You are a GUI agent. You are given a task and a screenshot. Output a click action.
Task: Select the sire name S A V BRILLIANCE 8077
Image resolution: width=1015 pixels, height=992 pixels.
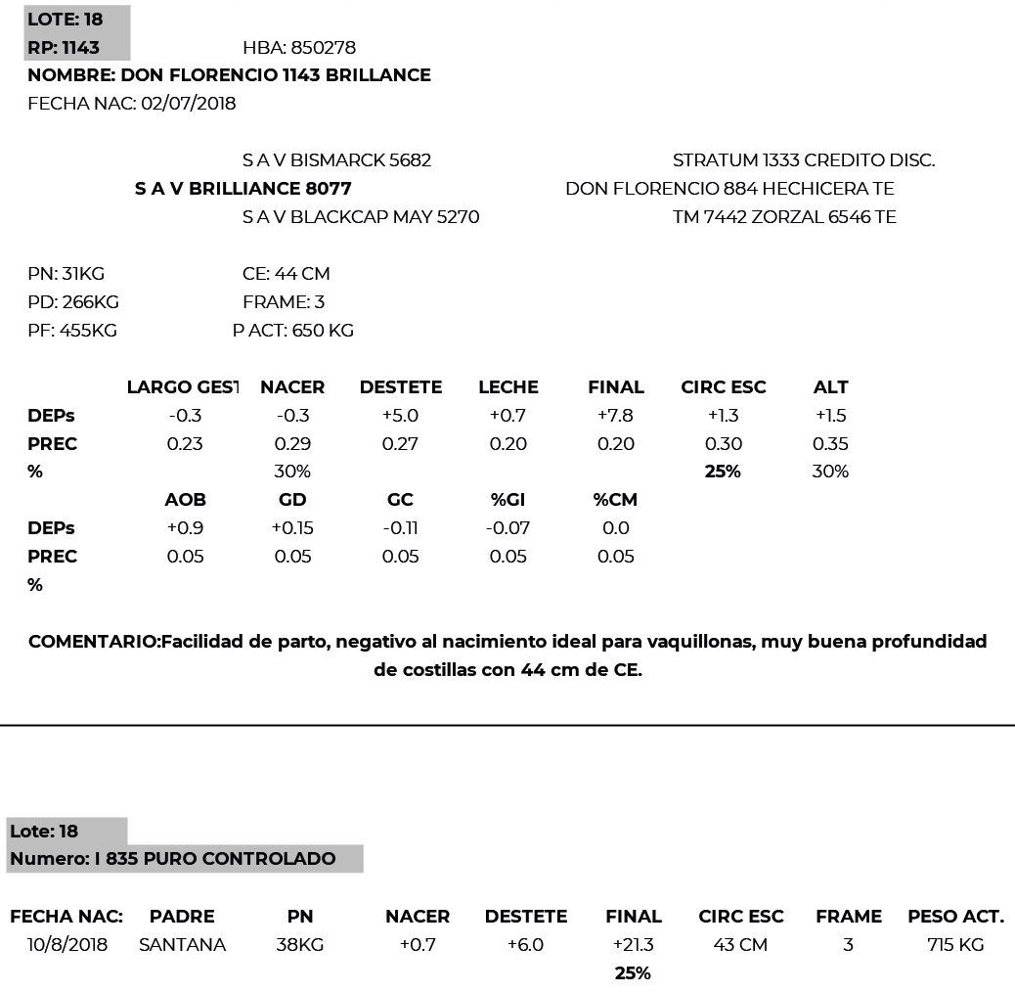(x=243, y=188)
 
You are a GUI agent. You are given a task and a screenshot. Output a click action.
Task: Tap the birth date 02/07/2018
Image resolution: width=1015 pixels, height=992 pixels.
(x=189, y=104)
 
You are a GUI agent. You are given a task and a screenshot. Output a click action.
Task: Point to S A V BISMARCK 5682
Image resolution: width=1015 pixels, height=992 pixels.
(x=336, y=159)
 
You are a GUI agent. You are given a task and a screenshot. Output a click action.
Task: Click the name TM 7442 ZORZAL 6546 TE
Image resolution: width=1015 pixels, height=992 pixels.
(x=784, y=216)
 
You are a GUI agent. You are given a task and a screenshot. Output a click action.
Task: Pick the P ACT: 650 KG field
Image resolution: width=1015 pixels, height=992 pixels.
(x=293, y=331)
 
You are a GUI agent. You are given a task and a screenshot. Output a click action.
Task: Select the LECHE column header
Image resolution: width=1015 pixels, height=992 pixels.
(x=507, y=387)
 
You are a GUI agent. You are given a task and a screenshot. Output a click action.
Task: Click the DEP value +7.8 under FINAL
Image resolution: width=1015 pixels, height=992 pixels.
(x=615, y=416)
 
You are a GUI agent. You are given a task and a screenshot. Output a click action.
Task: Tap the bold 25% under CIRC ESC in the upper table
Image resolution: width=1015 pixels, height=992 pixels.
(x=723, y=472)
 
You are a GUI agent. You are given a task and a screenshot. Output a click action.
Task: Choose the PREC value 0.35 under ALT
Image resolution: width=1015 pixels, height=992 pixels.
(x=830, y=444)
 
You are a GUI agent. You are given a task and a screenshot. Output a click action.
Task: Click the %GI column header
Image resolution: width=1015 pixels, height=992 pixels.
(x=507, y=500)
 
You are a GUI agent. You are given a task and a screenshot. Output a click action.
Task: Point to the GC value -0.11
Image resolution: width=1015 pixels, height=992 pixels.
(x=400, y=528)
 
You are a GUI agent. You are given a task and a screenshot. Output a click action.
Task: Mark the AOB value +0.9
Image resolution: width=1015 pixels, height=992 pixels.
(x=185, y=528)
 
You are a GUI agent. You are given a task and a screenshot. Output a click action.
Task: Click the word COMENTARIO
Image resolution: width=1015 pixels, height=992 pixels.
(x=94, y=642)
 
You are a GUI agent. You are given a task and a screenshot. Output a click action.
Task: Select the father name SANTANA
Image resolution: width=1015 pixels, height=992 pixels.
(x=182, y=945)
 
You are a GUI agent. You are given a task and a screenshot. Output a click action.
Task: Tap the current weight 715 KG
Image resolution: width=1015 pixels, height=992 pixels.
(x=955, y=945)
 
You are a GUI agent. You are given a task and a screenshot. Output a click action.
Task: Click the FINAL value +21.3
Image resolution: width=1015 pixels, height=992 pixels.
(x=634, y=945)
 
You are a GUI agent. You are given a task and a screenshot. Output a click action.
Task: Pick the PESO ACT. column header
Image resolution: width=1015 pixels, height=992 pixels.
(x=955, y=917)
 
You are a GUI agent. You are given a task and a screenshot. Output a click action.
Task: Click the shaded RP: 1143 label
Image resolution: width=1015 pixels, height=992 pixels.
(x=64, y=48)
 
